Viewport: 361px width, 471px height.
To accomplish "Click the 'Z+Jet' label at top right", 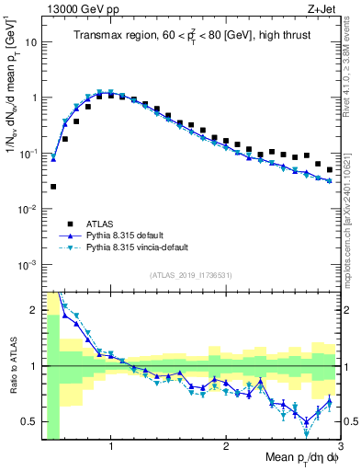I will point(326,9).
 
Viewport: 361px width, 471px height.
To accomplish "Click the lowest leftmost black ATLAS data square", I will point(53,187).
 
